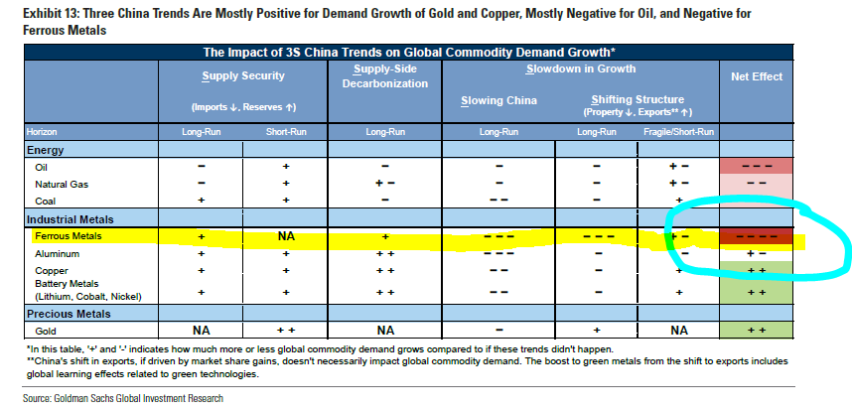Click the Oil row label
(x=41, y=167)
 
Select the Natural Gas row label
(x=58, y=184)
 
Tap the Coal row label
(x=44, y=200)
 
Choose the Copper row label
(x=51, y=270)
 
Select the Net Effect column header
(x=756, y=76)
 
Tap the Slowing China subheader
(x=498, y=100)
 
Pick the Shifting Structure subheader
(x=638, y=99)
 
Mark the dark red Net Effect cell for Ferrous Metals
(x=756, y=236)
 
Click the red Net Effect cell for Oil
(x=756, y=167)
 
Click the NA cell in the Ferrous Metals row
(x=286, y=236)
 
